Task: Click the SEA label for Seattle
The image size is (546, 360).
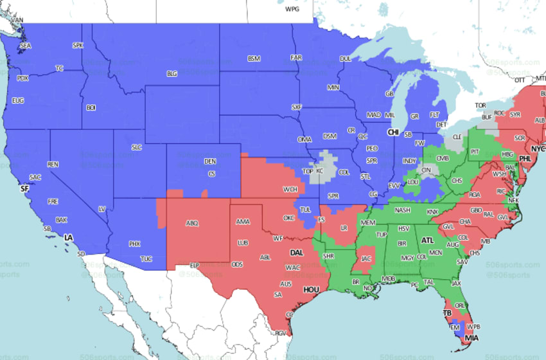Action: (25, 46)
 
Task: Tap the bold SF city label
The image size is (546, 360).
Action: (24, 189)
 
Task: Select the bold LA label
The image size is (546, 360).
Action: (69, 238)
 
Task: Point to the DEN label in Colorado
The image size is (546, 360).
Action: (210, 161)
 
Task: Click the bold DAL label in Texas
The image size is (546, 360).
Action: (297, 253)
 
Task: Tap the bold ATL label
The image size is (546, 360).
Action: (427, 240)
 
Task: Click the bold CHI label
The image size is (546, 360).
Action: (393, 131)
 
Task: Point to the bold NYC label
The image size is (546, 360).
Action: (538, 148)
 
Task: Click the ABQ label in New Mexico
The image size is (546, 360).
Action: (192, 223)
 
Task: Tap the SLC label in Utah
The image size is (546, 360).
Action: (136, 147)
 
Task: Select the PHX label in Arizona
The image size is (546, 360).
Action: (134, 244)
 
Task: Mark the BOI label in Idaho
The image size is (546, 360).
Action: (91, 107)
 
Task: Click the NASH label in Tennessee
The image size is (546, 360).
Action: (403, 210)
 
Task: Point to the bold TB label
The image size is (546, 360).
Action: (447, 313)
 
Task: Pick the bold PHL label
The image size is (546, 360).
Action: (525, 158)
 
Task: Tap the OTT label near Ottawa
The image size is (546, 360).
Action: (520, 80)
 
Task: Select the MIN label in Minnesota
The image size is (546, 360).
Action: (333, 87)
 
